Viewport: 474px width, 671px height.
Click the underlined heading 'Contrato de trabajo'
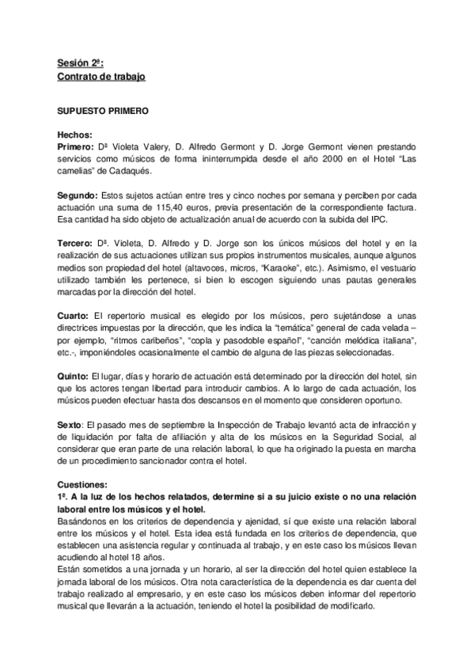(x=101, y=77)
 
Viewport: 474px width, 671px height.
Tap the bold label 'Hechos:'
(x=76, y=135)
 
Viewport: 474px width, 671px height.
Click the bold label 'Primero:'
(x=77, y=147)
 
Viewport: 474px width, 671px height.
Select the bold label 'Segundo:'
(x=79, y=195)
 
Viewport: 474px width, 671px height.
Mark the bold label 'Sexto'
(x=70, y=424)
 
